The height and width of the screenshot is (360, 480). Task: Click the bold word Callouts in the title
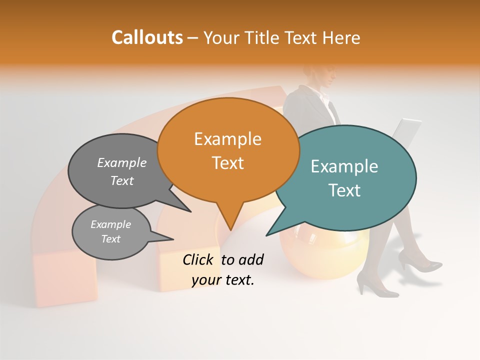click(x=147, y=37)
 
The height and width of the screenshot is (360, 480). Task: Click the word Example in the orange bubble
click(x=227, y=139)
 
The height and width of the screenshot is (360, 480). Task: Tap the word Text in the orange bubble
click(x=227, y=163)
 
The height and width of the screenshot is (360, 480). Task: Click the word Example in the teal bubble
click(x=344, y=166)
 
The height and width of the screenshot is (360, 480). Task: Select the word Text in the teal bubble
click(x=345, y=190)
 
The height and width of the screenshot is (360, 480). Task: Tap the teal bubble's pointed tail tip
click(x=267, y=235)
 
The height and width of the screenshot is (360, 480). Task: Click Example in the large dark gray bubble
click(x=121, y=163)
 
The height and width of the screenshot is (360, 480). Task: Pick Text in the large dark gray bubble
click(x=121, y=181)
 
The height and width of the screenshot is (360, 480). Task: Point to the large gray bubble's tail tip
click(x=190, y=211)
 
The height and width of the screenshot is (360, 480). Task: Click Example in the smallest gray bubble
click(x=110, y=224)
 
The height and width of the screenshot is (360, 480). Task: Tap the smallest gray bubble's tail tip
click(x=173, y=238)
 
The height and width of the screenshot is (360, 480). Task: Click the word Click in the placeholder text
click(x=199, y=259)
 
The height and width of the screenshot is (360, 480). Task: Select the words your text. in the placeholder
click(x=223, y=280)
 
